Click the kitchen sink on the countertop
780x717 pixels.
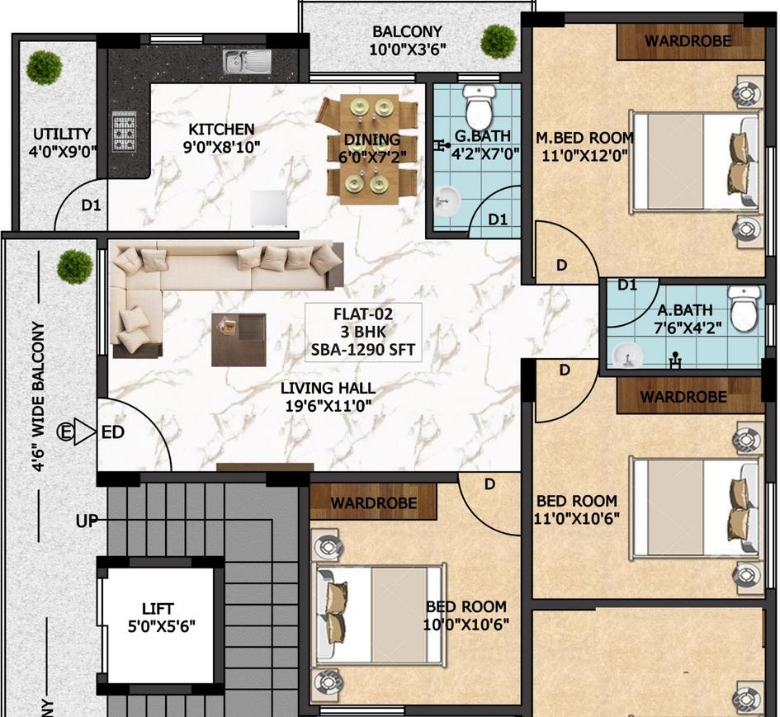click(x=247, y=60)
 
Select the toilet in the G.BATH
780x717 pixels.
click(x=479, y=106)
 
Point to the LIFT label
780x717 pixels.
click(x=157, y=609)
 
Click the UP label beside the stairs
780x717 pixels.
click(x=87, y=521)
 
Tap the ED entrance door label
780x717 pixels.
click(x=112, y=432)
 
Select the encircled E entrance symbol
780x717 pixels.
click(x=64, y=431)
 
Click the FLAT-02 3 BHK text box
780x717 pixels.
click(x=363, y=332)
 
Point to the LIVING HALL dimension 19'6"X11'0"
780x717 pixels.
click(x=328, y=406)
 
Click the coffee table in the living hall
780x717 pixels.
click(x=239, y=338)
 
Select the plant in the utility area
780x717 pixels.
click(x=43, y=66)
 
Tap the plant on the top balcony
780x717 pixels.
click(x=498, y=39)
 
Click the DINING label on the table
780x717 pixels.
click(x=371, y=139)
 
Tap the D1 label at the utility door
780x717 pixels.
click(x=91, y=205)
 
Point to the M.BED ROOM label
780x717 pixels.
click(x=585, y=138)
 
